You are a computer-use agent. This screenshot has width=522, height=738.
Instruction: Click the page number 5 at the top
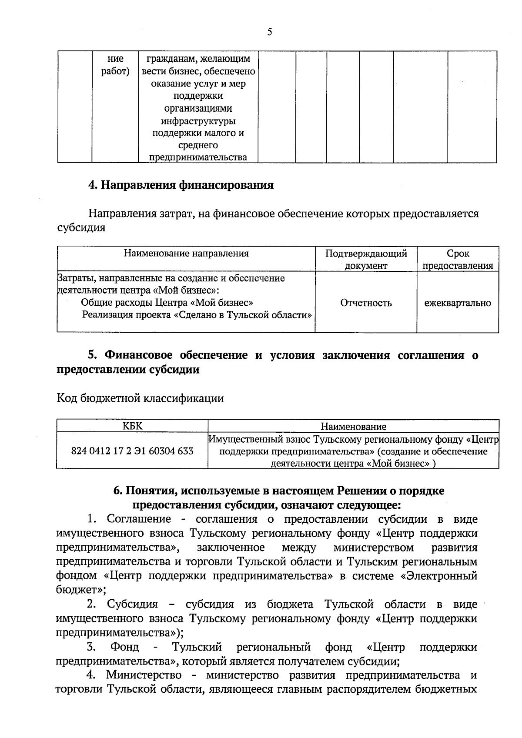click(x=269, y=32)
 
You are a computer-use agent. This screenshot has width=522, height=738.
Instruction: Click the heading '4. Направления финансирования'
click(x=181, y=185)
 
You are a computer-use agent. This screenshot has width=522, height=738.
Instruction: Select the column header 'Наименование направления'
click(x=186, y=254)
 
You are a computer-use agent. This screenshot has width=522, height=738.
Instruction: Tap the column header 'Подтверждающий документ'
click(x=366, y=260)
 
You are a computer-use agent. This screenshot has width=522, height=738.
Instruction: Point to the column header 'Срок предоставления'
click(x=458, y=260)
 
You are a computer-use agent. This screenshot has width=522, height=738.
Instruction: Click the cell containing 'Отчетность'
click(x=366, y=303)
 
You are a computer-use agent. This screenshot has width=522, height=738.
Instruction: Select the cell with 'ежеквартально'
click(x=458, y=303)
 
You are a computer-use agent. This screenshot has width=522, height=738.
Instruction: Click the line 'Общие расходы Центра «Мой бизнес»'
click(x=167, y=303)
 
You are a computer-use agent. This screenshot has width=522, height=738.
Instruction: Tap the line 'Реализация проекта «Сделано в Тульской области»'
click(x=197, y=315)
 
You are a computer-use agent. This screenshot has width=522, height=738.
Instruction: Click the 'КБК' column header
click(x=132, y=426)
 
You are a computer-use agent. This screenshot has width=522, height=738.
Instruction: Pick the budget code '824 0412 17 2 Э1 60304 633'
click(x=132, y=451)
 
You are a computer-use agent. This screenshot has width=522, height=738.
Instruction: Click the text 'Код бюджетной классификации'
click(x=140, y=398)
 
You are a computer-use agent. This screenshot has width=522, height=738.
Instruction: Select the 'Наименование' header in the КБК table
click(x=353, y=427)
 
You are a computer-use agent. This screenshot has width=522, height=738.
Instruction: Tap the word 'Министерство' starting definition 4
click(x=144, y=675)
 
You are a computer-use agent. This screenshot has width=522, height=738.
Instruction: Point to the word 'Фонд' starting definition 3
click(x=124, y=647)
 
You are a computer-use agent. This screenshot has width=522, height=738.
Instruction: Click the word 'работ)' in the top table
click(x=115, y=71)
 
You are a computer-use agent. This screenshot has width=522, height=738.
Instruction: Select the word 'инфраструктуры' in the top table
click(x=198, y=121)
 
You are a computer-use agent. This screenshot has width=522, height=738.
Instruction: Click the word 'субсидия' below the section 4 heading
click(x=81, y=228)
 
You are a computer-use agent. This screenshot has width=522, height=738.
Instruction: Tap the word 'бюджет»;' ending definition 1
click(x=81, y=590)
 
